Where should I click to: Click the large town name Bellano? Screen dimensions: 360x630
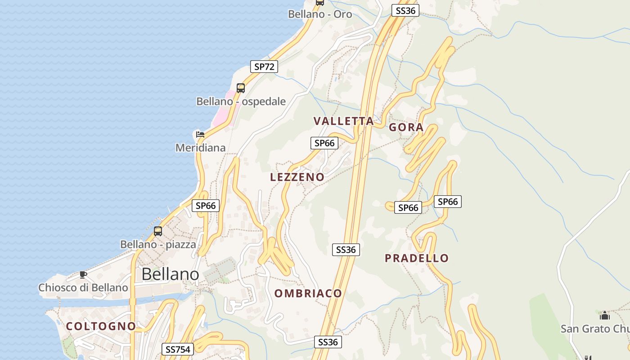(170, 274)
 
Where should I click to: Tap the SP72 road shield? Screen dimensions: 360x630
(264, 67)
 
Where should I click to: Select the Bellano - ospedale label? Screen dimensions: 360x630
(241, 101)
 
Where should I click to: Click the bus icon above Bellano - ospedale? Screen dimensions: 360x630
(241, 88)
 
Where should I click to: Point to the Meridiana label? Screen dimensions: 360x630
(200, 148)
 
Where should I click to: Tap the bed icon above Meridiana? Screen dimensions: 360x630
(200, 134)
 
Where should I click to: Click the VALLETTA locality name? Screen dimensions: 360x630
(344, 121)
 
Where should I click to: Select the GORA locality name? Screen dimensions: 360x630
(406, 127)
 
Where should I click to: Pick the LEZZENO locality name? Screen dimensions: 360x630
(297, 177)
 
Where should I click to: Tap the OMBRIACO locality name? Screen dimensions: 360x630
(308, 293)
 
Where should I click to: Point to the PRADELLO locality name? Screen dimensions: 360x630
(417, 258)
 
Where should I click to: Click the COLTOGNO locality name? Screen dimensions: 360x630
(101, 326)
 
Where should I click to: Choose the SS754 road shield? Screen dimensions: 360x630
(178, 349)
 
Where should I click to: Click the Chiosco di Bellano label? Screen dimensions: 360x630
(83, 288)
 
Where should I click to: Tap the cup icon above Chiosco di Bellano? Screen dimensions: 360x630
(83, 274)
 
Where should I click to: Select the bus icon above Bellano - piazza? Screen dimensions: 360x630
(158, 231)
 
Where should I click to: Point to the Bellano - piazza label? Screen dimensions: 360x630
(158, 244)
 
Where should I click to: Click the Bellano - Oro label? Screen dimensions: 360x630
(320, 14)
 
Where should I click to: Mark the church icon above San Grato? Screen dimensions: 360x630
(605, 315)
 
